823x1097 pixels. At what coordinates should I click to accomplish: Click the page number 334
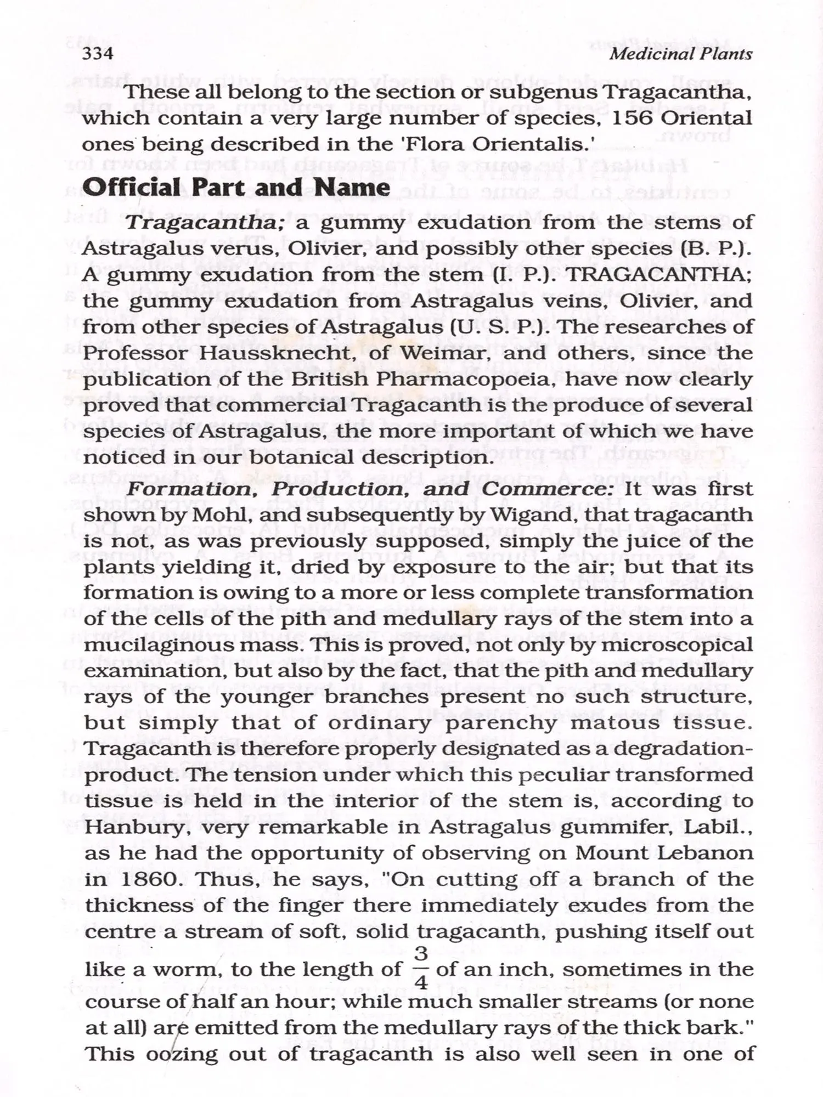click(98, 54)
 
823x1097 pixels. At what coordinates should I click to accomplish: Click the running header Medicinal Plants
click(680, 54)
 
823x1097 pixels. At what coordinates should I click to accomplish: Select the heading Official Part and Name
click(236, 188)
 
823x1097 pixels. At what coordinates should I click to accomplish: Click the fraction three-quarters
click(421, 969)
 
